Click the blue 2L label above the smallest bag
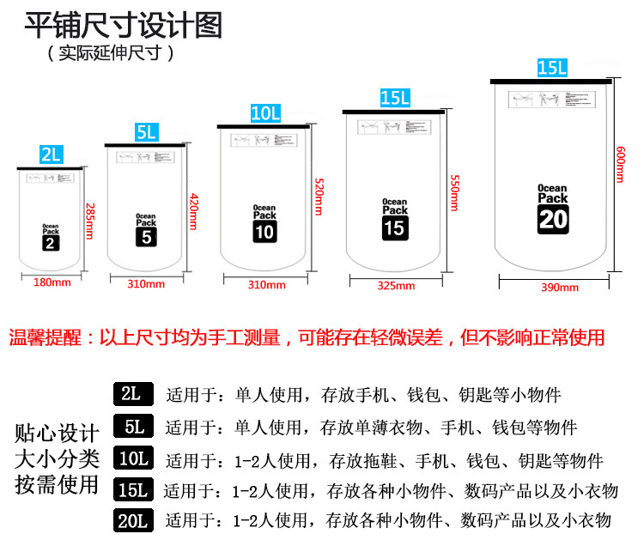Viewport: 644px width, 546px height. click(x=52, y=155)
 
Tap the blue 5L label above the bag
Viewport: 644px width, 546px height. click(x=146, y=132)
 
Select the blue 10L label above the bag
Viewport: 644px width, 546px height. click(x=265, y=113)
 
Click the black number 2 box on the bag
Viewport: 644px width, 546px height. click(x=51, y=242)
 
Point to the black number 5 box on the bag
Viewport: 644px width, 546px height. click(x=146, y=236)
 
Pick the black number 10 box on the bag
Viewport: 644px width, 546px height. click(x=264, y=231)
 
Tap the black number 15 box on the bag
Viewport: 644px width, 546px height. click(x=394, y=227)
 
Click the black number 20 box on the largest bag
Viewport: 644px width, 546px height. click(x=552, y=219)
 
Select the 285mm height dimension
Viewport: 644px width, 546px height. click(x=88, y=221)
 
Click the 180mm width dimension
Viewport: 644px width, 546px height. click(x=52, y=282)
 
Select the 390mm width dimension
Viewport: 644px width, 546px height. click(x=558, y=288)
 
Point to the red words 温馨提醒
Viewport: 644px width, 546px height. click(x=48, y=337)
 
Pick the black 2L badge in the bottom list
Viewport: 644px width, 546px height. click(x=132, y=395)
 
